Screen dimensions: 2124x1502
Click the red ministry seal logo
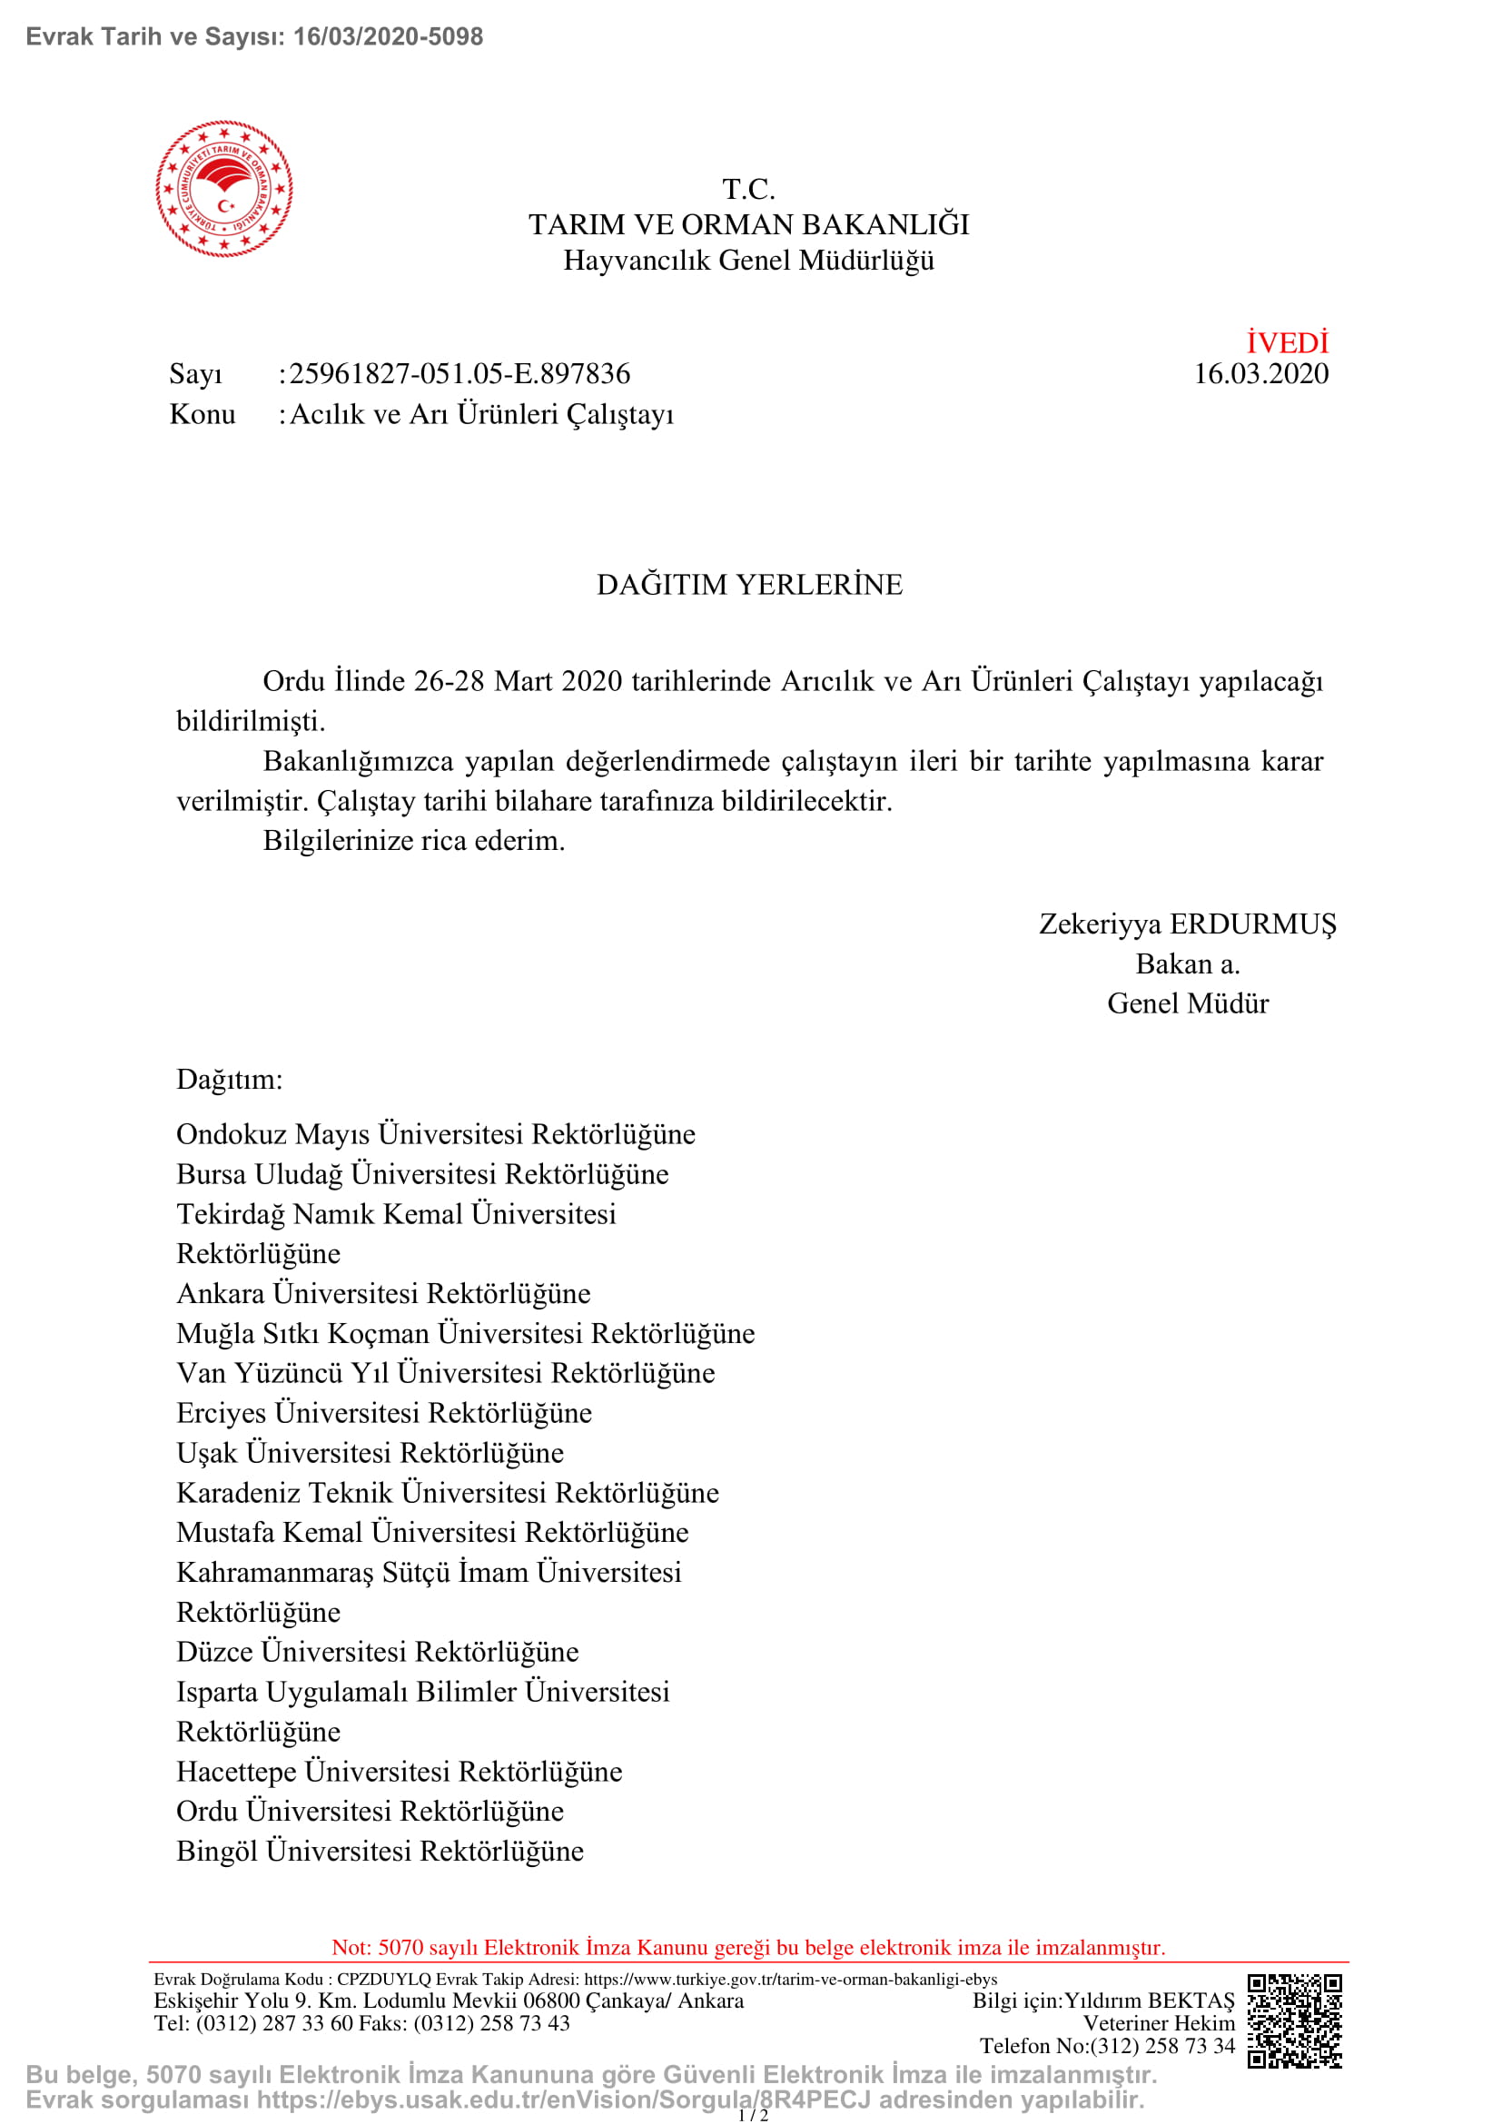(x=223, y=188)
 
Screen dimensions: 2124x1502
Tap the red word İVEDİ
(x=1287, y=343)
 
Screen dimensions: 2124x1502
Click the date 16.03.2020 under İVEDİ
(x=1260, y=374)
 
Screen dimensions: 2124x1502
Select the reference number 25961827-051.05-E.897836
(x=459, y=374)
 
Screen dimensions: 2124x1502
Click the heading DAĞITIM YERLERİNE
(x=749, y=585)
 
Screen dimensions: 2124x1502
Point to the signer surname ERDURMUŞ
(x=1253, y=924)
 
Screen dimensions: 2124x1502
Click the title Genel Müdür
(x=1188, y=1003)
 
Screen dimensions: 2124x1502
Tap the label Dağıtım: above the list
(x=230, y=1080)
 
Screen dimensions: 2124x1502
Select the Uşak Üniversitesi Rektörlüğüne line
(x=370, y=1452)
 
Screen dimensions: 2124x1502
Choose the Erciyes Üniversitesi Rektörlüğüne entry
(x=384, y=1413)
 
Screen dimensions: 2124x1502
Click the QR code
(x=1294, y=2021)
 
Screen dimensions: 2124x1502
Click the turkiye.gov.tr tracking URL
(x=791, y=1980)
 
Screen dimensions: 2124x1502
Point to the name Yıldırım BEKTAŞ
(x=1150, y=2001)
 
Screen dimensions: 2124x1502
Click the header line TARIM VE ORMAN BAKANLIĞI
(x=749, y=225)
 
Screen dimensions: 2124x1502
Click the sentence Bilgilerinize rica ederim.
(x=413, y=841)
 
